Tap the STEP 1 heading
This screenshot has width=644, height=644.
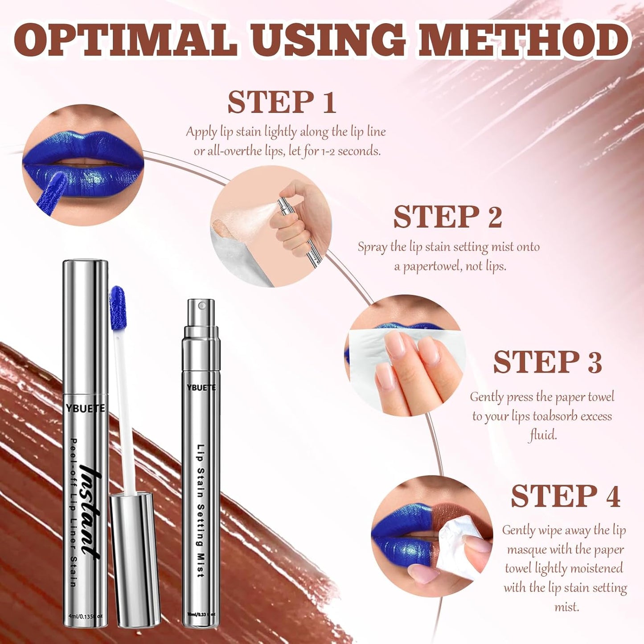282,102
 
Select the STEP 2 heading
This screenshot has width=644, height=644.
447,217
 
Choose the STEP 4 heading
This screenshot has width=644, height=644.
565,496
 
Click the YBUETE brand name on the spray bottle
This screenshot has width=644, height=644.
201,388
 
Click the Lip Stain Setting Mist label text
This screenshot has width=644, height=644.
201,510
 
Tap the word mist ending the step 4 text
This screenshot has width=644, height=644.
566,607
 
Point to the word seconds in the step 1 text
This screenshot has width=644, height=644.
359,151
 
